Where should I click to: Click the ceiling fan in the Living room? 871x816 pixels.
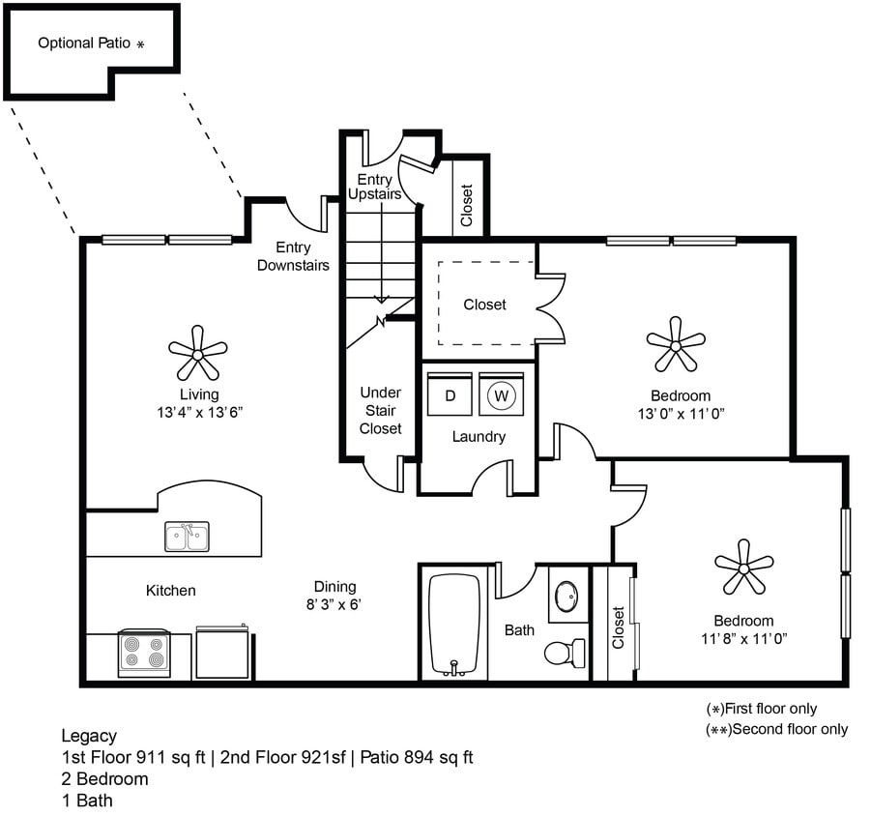[x=197, y=354]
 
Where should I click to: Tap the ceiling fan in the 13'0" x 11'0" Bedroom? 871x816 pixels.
[x=676, y=344]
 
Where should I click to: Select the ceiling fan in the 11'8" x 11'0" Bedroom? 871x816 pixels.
[x=743, y=567]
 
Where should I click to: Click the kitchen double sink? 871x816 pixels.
[x=187, y=537]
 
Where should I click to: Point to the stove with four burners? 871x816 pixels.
[x=144, y=654]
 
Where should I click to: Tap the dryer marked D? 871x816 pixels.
[x=450, y=393]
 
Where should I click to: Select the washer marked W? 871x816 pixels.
[x=501, y=394]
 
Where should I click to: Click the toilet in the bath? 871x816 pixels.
[x=564, y=652]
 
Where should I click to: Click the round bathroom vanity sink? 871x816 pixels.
[x=566, y=593]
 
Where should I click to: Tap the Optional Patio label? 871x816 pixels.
[x=91, y=44]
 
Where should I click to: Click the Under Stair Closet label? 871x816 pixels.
[x=380, y=410]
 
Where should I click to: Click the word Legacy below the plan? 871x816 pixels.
[x=88, y=736]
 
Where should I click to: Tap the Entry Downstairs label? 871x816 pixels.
[x=293, y=256]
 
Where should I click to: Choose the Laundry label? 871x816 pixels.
[x=479, y=436]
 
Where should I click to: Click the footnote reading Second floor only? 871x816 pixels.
[x=778, y=729]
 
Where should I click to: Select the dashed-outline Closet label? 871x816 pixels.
[x=484, y=305]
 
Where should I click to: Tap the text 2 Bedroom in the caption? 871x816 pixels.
[x=104, y=778]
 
